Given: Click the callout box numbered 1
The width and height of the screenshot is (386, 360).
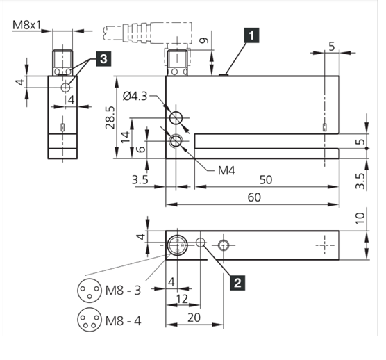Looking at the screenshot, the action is click(x=251, y=35).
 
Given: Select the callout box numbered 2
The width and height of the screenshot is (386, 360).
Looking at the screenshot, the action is click(x=237, y=282).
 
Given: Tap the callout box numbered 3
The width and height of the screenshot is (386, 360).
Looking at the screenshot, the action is click(x=103, y=59).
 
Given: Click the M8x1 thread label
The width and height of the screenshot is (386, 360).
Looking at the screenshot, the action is click(x=26, y=25).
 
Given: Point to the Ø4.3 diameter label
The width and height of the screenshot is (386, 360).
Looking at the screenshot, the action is click(x=135, y=97).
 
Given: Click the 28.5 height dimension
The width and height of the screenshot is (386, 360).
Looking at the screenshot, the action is click(x=110, y=117).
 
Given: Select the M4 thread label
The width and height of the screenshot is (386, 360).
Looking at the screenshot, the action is click(x=226, y=170).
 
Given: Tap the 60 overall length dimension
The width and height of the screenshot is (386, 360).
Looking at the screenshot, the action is click(x=254, y=197).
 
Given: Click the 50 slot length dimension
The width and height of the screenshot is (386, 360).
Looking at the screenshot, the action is click(x=266, y=180).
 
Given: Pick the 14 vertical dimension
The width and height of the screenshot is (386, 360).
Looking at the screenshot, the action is click(x=125, y=137).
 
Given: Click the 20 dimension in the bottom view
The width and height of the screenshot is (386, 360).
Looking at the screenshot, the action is click(x=194, y=318).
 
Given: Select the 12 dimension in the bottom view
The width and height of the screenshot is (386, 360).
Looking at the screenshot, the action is click(x=182, y=299).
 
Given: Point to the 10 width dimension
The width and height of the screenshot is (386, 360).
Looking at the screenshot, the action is click(x=360, y=218).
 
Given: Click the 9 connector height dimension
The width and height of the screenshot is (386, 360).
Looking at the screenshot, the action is click(x=203, y=40).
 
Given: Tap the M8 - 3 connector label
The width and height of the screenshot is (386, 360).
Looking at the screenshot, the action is click(x=123, y=291).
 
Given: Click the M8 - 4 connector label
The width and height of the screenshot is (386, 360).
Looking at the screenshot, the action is click(x=123, y=321).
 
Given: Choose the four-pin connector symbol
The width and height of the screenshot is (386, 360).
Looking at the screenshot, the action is click(x=90, y=320).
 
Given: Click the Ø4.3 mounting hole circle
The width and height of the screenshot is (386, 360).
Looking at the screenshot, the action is click(x=176, y=117).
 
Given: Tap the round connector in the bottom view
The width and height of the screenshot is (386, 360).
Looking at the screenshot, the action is click(x=177, y=245).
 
